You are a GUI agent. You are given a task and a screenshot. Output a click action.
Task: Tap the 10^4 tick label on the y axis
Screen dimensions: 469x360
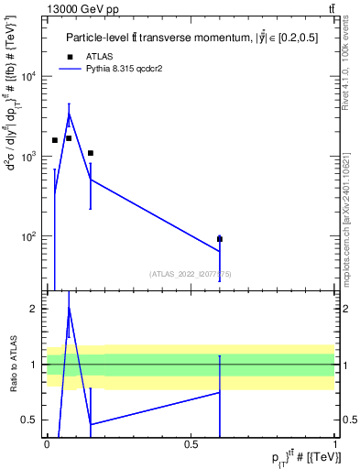point(27,76)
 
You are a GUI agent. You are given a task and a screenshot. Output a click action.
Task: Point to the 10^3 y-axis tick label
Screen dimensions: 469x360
point(27,157)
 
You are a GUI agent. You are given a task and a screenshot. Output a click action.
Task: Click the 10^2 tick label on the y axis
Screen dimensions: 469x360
point(27,236)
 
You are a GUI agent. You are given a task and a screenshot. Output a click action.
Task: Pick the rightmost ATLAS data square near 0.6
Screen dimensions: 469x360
point(220,239)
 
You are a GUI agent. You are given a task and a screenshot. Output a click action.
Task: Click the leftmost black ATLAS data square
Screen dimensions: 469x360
point(55,140)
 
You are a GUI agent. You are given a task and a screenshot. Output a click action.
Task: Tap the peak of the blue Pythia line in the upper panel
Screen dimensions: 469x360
point(69,113)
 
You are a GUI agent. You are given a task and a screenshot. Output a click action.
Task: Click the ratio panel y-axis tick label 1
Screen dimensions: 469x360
point(33,365)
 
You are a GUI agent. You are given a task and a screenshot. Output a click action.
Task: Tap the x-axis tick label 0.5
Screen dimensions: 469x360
point(191,444)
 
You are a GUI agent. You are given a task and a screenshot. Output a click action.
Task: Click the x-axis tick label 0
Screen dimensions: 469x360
point(47,444)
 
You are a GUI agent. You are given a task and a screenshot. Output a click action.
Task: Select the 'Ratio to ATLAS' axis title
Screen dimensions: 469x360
point(11,364)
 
